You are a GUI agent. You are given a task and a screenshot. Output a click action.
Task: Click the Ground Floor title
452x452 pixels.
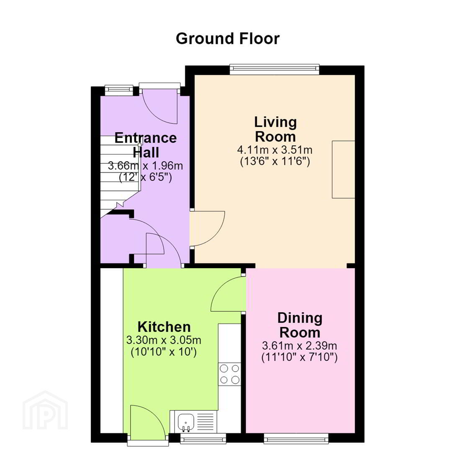pos(227,39)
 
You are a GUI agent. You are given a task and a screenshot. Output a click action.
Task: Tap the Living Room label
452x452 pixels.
pos(275,129)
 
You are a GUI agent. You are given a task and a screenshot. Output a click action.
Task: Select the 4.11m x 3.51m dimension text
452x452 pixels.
pos(275,150)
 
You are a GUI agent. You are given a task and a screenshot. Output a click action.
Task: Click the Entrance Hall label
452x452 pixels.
pos(146,145)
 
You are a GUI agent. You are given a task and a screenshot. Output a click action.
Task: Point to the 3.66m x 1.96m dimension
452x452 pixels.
pos(145,166)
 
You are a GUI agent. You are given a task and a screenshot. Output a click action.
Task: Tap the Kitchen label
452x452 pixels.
pos(164,327)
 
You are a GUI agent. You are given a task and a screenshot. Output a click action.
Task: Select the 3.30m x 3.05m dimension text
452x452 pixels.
pos(164,340)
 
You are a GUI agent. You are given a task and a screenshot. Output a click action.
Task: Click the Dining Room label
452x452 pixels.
pos(300,325)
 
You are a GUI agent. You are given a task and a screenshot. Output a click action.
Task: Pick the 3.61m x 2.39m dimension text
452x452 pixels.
pos(300,345)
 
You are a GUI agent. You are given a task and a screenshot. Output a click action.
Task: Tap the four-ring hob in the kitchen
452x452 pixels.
pos(229,374)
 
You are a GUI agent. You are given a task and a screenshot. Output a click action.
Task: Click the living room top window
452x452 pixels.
pos(275,69)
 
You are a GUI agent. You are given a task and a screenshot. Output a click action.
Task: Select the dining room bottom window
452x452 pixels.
pos(296,439)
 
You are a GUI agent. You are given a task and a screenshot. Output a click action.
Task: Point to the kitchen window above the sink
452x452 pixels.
pos(203,439)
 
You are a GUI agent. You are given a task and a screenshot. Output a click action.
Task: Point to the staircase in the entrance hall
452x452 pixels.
pos(120,177)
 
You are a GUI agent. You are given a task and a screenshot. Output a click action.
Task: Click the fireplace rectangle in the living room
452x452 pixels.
pos(343,169)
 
